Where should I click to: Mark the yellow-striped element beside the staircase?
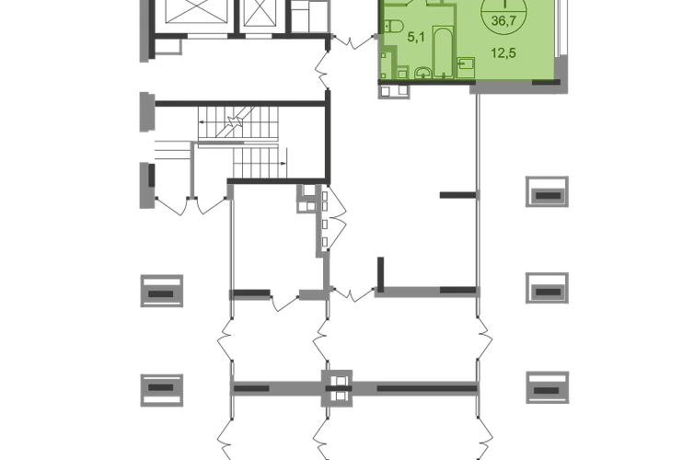click(x=168, y=152)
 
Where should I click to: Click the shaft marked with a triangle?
click(x=260, y=20)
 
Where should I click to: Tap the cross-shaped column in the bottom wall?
click(x=340, y=387)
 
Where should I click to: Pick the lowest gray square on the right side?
click(x=548, y=389)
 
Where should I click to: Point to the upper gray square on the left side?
click(x=161, y=293)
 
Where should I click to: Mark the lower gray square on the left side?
click(x=161, y=389)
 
